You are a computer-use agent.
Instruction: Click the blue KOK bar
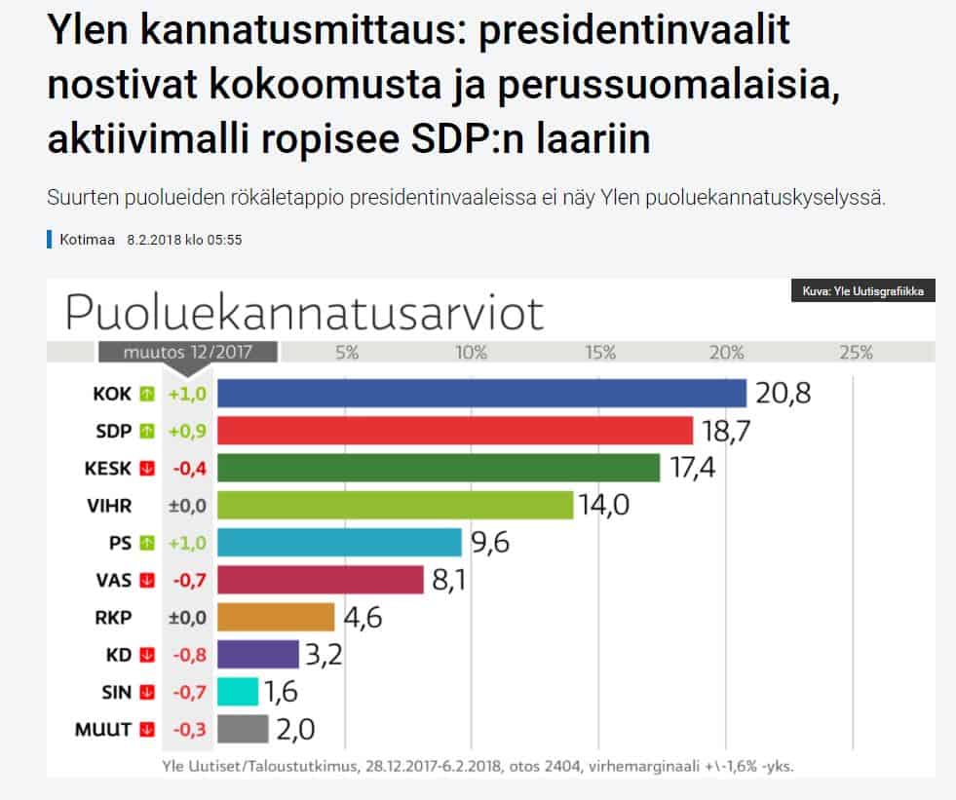click(x=480, y=393)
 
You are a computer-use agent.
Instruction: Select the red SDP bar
click(x=454, y=431)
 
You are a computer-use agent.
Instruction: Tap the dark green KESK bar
click(x=438, y=468)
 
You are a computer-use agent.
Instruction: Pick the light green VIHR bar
click(x=395, y=505)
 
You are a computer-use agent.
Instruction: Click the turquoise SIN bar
click(x=238, y=692)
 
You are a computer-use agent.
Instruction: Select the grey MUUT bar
click(x=243, y=729)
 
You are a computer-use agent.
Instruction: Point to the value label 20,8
click(x=782, y=394)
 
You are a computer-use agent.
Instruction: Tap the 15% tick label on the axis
click(x=599, y=353)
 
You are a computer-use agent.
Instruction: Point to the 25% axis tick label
click(x=856, y=353)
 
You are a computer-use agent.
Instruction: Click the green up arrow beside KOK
click(x=147, y=394)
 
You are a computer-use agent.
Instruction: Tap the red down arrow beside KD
click(x=147, y=655)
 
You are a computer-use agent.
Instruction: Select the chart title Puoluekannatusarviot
click(x=303, y=313)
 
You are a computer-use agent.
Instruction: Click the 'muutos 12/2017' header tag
click(x=187, y=353)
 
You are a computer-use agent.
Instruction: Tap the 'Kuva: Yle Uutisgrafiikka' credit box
click(x=863, y=291)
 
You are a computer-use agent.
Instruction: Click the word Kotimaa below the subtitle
click(x=87, y=240)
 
